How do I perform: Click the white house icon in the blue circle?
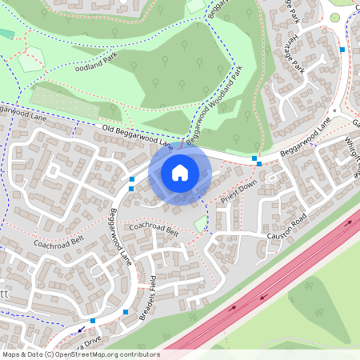180,171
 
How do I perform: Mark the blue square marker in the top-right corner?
342,50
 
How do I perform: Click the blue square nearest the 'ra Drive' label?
93,321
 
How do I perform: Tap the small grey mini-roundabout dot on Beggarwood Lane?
331,112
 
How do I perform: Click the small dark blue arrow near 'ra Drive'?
81,329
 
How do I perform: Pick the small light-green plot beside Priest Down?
200,226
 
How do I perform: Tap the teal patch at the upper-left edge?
6,34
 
